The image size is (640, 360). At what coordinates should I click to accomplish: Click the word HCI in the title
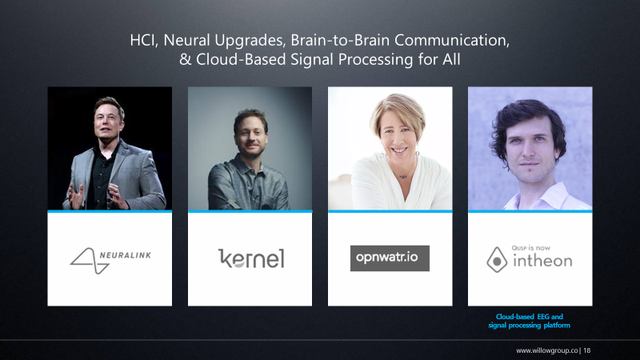145,40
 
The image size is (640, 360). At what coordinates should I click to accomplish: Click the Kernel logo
250,258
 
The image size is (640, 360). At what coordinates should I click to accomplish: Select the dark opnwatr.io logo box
390,258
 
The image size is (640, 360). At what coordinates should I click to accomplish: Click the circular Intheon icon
498,259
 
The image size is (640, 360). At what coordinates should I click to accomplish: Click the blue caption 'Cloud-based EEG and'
530,317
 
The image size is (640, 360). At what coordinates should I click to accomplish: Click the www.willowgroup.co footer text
548,350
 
